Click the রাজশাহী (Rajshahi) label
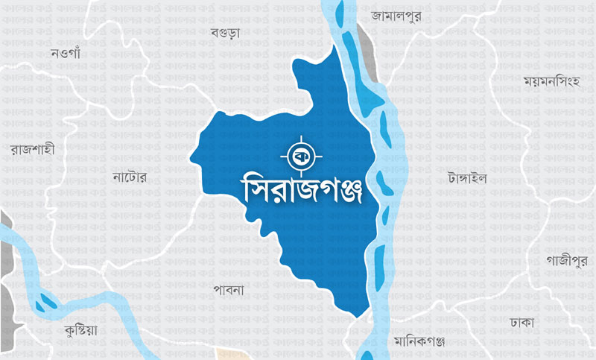coord(32,150)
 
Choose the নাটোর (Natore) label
coord(130,177)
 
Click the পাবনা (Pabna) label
coord(229,288)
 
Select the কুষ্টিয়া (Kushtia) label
coord(81,329)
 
